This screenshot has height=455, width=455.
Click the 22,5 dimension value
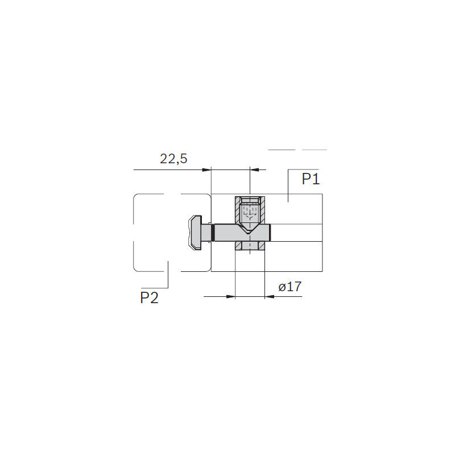(x=173, y=159)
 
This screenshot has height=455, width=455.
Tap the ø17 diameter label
(x=290, y=287)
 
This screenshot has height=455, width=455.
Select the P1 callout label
(x=311, y=179)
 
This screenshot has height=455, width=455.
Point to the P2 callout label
(x=149, y=297)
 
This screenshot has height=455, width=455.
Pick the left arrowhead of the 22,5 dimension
(x=206, y=169)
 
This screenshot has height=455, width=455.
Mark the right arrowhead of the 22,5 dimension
(x=254, y=169)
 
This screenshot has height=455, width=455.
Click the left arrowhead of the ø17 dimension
(x=230, y=296)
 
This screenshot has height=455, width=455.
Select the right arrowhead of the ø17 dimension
(x=269, y=296)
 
